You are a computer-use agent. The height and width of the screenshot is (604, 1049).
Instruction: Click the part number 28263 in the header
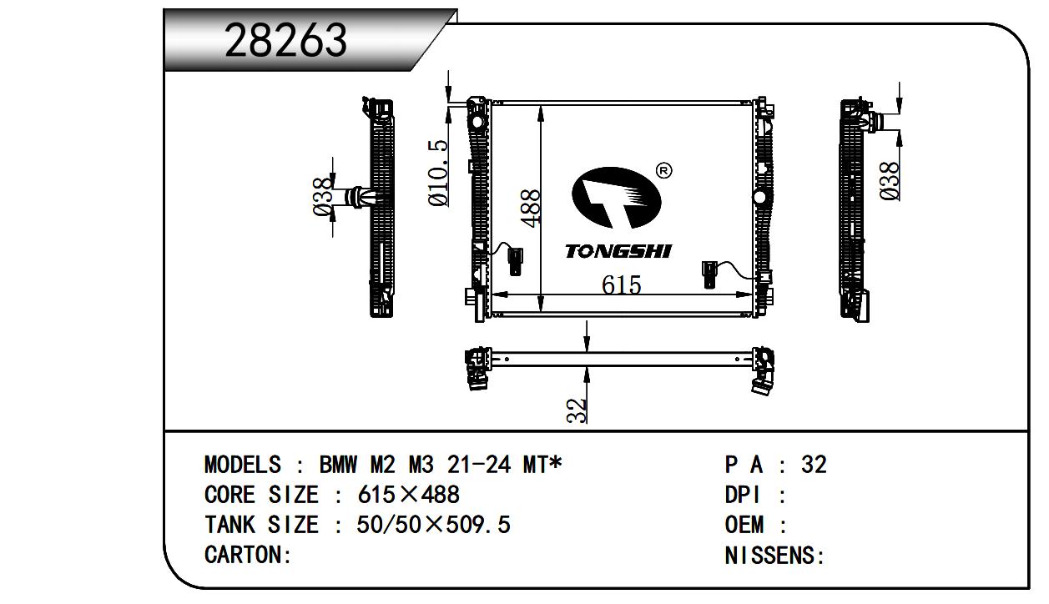pos(285,40)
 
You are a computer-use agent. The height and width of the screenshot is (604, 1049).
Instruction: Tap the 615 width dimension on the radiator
pos(622,284)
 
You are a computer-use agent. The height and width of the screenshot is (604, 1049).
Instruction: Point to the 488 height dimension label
pos(532,209)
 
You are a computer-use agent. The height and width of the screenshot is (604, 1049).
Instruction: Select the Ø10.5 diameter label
pos(438,173)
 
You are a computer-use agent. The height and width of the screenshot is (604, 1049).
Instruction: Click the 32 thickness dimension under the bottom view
pos(577,410)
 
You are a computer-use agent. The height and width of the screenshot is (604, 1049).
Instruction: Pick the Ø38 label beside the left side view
pos(323,196)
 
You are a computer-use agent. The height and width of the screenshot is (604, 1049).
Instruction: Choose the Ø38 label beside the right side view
pos(890,181)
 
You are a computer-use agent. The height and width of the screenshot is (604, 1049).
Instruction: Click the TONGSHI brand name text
pos(618,251)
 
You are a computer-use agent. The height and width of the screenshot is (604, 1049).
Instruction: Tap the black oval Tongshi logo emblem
pos(616,198)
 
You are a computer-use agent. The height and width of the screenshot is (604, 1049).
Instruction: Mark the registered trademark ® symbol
pos(664,171)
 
